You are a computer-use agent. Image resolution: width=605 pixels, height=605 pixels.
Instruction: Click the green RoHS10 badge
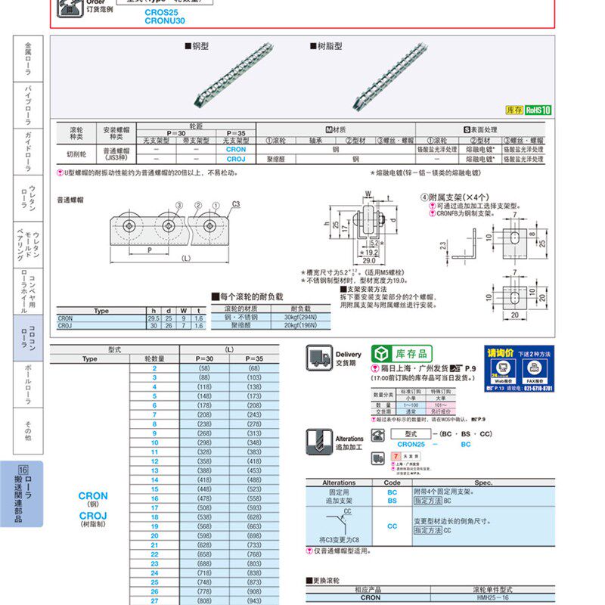(538, 110)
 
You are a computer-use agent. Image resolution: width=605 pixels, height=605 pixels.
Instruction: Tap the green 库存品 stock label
(402, 354)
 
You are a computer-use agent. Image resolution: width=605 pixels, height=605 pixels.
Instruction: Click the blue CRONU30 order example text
(165, 21)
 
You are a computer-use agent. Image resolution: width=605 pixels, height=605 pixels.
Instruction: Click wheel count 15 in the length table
(154, 489)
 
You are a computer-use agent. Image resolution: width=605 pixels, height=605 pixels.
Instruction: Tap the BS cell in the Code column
(392, 501)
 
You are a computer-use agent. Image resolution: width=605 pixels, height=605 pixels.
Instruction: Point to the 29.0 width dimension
(358, 259)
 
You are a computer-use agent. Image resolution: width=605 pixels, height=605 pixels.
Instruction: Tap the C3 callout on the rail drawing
(236, 203)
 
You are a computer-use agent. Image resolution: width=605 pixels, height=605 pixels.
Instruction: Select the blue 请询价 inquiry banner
(520, 368)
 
